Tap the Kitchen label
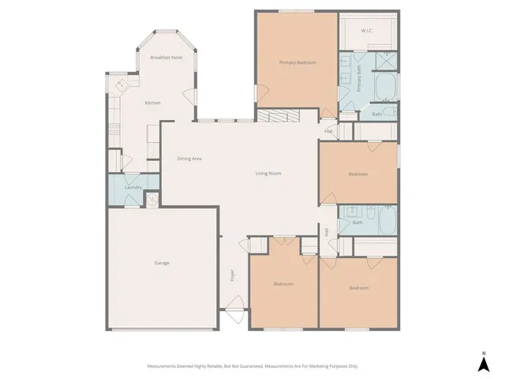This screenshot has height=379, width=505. coord(153,103)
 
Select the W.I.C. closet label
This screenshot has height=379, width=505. coord(367,32)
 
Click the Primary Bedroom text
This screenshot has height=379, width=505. coord(297,62)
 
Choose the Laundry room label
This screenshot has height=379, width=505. coord(133,187)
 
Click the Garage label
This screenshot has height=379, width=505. coord(161,263)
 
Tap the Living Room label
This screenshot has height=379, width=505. coord(268,173)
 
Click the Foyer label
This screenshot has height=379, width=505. coord(232,276)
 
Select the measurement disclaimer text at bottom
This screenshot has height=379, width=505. coord(252,366)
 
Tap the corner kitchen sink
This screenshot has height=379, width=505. coord(121,84)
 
